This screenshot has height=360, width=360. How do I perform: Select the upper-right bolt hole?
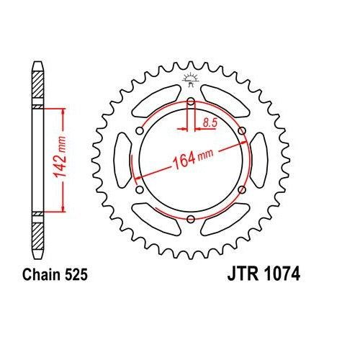241,131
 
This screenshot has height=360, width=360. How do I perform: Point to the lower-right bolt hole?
241,189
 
